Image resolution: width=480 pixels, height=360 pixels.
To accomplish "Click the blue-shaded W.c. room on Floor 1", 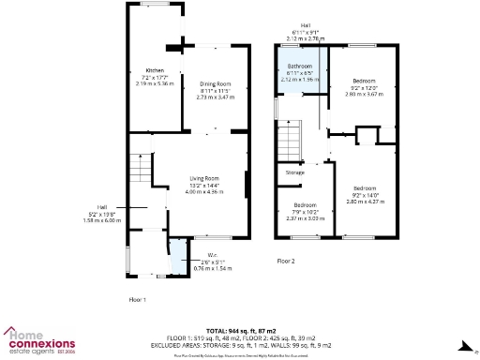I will pyautogui.click(x=177, y=257).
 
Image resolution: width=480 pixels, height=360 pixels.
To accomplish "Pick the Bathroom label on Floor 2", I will pyautogui.click(x=299, y=67).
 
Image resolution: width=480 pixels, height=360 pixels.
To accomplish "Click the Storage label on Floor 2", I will pyautogui.click(x=295, y=172).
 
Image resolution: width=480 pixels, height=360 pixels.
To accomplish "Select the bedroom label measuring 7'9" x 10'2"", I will pyautogui.click(x=306, y=204).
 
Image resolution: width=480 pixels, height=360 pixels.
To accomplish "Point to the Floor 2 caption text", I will pyautogui.click(x=285, y=261).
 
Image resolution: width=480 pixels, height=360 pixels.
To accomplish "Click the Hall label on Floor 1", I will pyautogui.click(x=101, y=207).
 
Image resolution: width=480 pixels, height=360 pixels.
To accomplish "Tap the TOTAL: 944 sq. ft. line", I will pyautogui.click(x=240, y=331).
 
